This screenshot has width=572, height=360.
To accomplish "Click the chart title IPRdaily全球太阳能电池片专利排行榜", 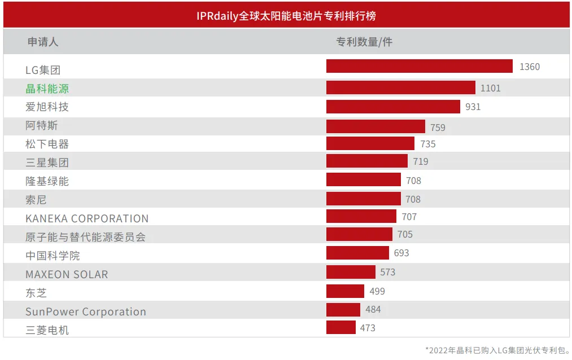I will click(286, 15).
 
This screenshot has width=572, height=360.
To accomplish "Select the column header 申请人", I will click(43, 42).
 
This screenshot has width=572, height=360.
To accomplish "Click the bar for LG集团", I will click(419, 67).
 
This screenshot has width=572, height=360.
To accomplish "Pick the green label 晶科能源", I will click(47, 89).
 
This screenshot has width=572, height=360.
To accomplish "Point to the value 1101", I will click(490, 88).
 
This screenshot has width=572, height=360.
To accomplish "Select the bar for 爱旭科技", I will click(393, 107).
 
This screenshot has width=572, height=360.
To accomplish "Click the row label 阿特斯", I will click(42, 125).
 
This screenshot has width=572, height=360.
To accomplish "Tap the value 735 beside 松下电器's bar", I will click(428, 144).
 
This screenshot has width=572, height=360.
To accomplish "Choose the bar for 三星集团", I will click(366, 161).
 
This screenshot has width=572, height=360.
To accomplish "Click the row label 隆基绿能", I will click(47, 181).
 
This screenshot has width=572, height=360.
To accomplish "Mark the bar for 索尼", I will click(363, 199).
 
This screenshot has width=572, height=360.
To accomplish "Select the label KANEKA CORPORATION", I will click(87, 218).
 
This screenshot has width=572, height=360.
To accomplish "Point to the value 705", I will click(405, 235).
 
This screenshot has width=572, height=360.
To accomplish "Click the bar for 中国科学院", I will click(357, 253).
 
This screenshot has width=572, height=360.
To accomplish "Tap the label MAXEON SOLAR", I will click(67, 274).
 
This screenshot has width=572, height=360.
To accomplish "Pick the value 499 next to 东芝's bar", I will click(377, 291).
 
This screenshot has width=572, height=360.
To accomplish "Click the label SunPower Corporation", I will click(86, 311).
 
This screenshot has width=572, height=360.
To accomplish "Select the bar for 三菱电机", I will click(340, 327).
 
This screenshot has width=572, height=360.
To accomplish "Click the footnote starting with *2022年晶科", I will click(497, 350).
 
